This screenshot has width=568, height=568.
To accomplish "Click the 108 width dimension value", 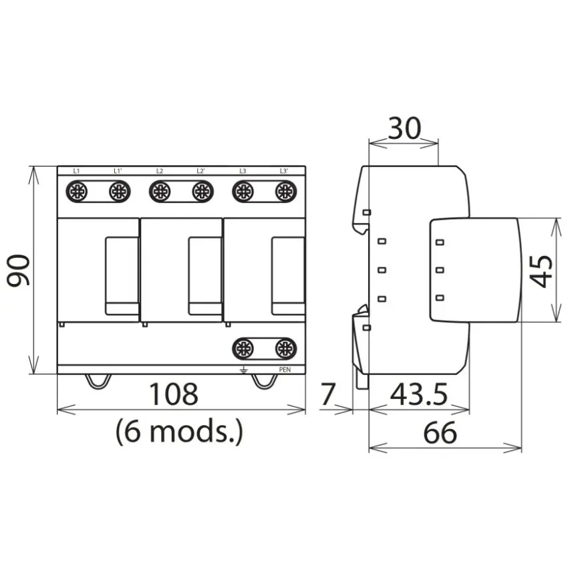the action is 174,394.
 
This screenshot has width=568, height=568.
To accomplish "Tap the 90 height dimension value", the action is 19,270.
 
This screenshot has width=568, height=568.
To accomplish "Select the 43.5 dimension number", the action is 419,394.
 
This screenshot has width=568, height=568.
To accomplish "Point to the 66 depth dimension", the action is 440,432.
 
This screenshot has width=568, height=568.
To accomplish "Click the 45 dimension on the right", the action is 541,272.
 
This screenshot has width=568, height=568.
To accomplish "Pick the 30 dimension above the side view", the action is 405,128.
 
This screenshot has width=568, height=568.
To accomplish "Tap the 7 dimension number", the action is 328,394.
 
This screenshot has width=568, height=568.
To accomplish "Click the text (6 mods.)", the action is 179,432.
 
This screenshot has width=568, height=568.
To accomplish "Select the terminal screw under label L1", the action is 77,191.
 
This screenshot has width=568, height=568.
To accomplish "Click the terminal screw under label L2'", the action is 202,191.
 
